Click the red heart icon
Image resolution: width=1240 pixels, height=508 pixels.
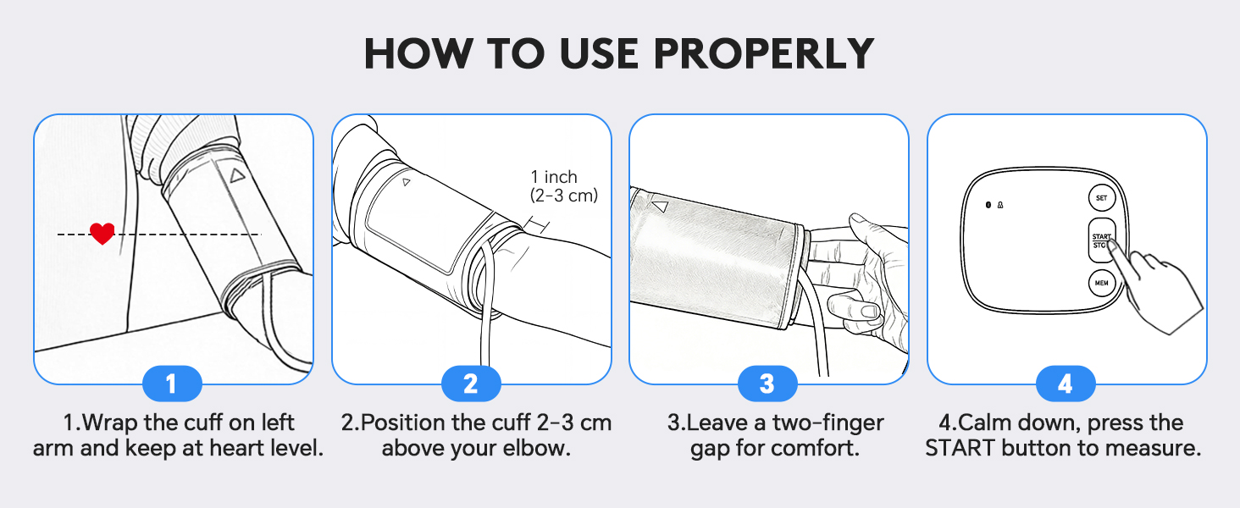(102, 233)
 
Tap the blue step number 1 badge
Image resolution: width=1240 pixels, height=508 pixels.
(171, 384)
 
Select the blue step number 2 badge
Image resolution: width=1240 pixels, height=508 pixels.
(471, 384)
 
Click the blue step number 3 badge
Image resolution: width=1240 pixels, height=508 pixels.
(767, 384)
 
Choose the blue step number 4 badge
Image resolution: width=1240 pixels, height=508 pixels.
(1066, 384)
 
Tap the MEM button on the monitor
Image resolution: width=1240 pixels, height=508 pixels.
(1101, 283)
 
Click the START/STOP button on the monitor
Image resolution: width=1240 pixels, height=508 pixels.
(1101, 241)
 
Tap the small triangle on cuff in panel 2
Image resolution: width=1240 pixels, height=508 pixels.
(406, 182)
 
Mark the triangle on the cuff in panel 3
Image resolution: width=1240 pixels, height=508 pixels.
(660, 206)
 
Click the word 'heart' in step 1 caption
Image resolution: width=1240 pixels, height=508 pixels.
(222, 448)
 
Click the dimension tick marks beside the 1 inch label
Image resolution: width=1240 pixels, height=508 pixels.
(537, 225)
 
